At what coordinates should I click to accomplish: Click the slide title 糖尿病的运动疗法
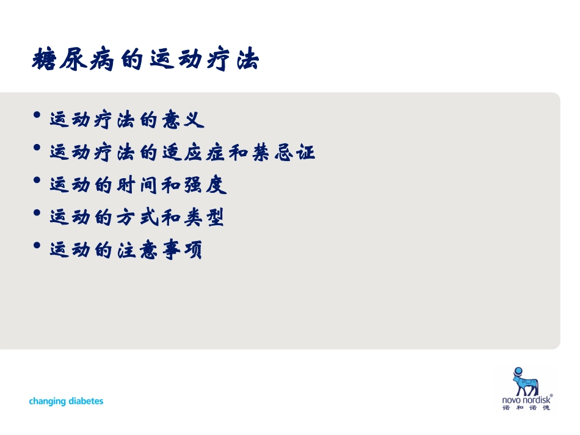click(x=145, y=61)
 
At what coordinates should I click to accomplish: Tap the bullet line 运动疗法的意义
click(x=126, y=120)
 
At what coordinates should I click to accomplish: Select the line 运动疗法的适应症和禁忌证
click(x=182, y=153)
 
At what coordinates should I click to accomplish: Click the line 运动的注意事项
click(x=126, y=250)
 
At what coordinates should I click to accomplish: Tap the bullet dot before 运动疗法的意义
click(x=38, y=115)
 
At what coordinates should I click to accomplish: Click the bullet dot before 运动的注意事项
click(x=38, y=245)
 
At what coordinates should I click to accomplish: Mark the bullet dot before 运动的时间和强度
click(x=38, y=181)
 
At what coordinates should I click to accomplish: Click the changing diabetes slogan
click(x=66, y=401)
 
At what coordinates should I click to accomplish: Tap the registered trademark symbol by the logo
click(x=551, y=395)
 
